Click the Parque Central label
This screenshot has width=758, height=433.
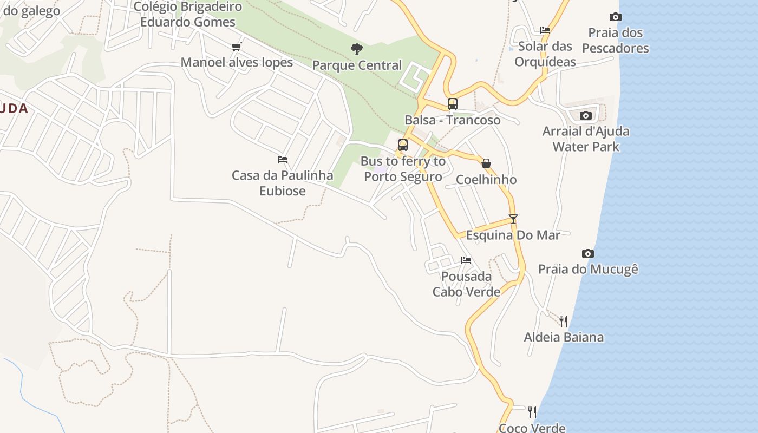tap(357, 65)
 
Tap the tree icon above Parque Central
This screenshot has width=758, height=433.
tap(356, 49)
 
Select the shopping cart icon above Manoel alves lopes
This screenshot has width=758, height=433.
tap(236, 47)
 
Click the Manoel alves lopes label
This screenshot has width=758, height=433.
tap(237, 62)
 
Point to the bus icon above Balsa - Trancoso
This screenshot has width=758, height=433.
tap(452, 104)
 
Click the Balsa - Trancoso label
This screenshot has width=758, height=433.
tap(452, 120)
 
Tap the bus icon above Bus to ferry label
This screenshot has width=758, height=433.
tap(402, 145)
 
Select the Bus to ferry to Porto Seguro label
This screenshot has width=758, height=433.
tap(403, 169)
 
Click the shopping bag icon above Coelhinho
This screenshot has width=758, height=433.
tap(486, 163)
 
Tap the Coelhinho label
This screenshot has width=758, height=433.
tap(486, 180)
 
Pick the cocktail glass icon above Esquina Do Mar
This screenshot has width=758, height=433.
tap(513, 219)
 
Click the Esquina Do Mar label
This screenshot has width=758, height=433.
tap(513, 235)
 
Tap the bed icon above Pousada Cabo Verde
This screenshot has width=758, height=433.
tap(466, 260)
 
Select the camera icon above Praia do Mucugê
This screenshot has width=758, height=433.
tap(587, 253)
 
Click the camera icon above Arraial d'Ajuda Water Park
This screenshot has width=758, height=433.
tap(585, 115)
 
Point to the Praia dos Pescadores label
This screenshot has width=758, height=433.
tap(616, 41)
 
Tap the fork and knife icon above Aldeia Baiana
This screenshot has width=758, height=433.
tap(564, 322)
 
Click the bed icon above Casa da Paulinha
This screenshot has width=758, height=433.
tap(282, 160)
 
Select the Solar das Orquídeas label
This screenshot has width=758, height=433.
tap(545, 54)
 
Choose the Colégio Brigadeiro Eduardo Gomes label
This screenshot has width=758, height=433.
tap(187, 15)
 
